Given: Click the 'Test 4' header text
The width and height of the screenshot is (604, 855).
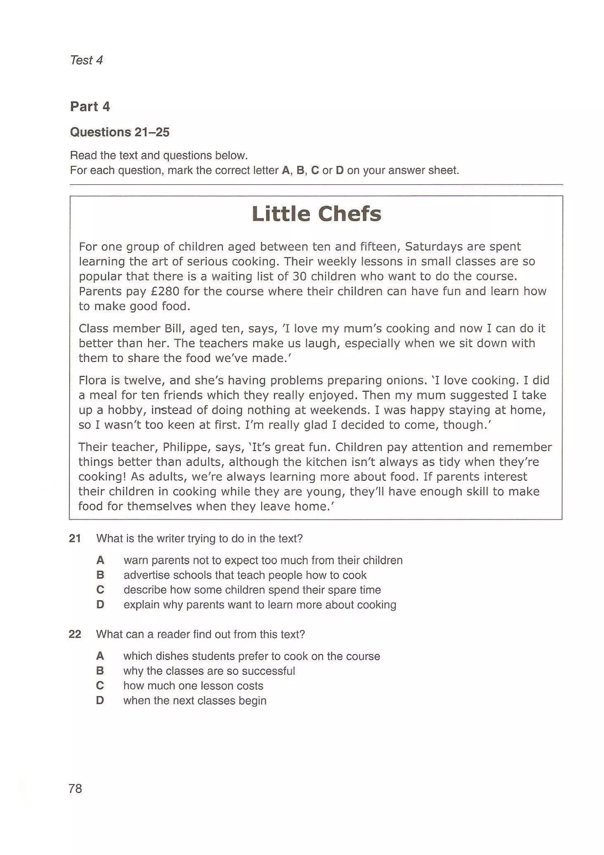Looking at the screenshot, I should tap(86, 60).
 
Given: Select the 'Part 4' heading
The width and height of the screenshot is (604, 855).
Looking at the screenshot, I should tap(90, 107).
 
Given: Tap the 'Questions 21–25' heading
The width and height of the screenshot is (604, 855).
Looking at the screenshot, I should tap(119, 132).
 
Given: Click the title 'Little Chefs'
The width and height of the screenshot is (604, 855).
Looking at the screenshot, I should tap(316, 214).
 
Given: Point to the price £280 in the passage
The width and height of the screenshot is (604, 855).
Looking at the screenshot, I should tap(165, 291).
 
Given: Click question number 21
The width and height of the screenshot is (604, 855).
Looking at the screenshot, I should tap(75, 538).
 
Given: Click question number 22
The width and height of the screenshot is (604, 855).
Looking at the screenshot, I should tap(75, 634).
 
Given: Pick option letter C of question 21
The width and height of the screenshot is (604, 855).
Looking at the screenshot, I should tap(100, 590).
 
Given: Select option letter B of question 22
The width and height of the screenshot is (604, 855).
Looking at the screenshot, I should tap(100, 671).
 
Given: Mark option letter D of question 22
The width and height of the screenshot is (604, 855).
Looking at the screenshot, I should tap(100, 700).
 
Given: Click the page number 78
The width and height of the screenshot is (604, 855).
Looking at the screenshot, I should tap(75, 789).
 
